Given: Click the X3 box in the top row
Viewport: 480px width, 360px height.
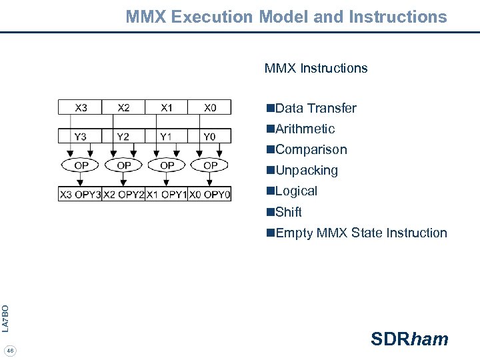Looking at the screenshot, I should point(80,107).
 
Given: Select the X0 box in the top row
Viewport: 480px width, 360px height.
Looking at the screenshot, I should point(210,107).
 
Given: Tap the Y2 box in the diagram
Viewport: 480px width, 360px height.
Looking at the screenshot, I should point(123,136).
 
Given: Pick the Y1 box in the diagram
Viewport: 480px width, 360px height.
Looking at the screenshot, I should point(167,136).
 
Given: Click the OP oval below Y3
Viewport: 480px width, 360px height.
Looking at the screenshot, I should point(81,165).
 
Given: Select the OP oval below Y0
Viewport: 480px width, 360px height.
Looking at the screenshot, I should point(210,165).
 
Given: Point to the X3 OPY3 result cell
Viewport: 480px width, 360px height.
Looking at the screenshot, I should point(80,194).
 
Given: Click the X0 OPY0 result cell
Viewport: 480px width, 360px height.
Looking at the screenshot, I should point(210,194).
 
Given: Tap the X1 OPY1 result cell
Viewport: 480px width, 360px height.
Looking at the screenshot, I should point(167,194).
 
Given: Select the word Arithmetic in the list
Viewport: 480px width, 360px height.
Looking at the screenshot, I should point(305,129).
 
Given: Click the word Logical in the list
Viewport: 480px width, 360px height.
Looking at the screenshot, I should point(296,191).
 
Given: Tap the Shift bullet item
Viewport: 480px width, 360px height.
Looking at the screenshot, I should point(288,212).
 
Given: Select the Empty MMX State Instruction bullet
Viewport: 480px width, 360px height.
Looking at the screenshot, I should point(356,233).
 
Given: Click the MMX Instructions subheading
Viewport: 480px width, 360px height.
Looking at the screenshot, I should point(316,68).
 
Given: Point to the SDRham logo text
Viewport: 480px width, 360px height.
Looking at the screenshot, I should point(409,339).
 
